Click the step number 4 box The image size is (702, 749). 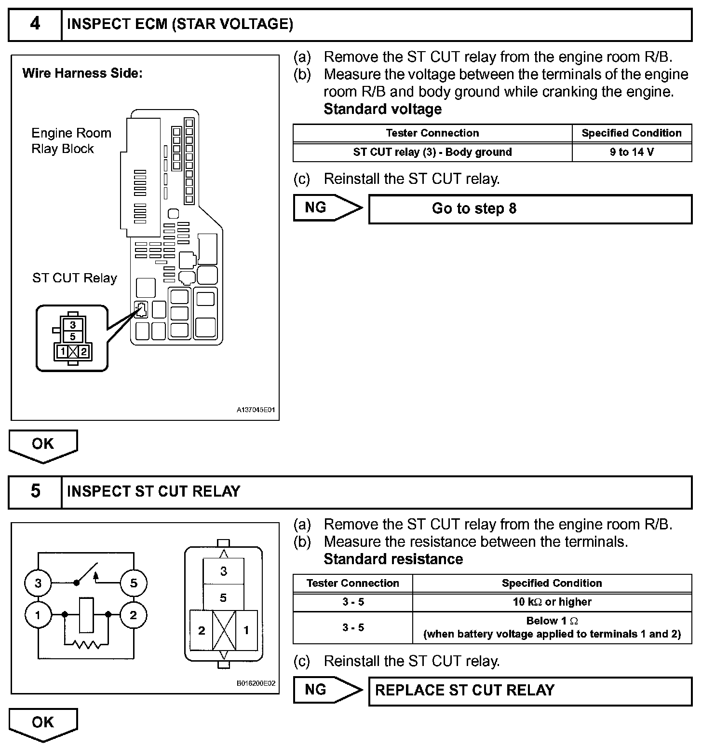[35, 24]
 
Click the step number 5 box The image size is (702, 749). [35, 491]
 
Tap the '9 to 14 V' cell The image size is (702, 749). [632, 152]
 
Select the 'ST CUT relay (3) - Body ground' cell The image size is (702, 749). [432, 152]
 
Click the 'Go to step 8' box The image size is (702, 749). [529, 208]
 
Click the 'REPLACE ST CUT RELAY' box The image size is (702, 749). [529, 690]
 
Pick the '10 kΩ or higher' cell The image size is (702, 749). [552, 602]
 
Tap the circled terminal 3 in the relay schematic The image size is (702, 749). [38, 583]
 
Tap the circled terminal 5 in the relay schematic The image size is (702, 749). [134, 583]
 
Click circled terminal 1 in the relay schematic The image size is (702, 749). [38, 615]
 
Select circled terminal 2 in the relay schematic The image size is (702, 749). [134, 615]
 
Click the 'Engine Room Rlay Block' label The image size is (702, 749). [71, 141]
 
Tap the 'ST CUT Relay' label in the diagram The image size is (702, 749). [75, 278]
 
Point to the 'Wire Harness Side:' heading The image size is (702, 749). [82, 73]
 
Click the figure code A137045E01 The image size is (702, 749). [256, 410]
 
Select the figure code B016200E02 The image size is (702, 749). [256, 683]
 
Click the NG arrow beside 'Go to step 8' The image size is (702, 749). [327, 208]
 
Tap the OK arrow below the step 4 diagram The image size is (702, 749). [43, 445]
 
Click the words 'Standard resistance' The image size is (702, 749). [393, 559]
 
